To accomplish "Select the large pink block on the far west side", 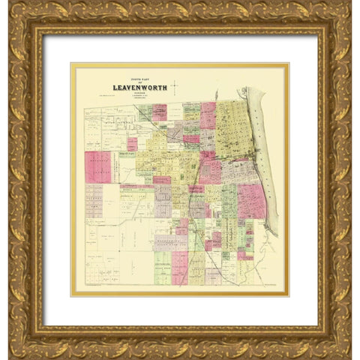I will (x=97, y=167).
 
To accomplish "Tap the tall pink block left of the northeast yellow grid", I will (x=208, y=116).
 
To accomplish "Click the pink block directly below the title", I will (x=160, y=112).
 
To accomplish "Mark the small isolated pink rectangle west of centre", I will (x=132, y=143).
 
